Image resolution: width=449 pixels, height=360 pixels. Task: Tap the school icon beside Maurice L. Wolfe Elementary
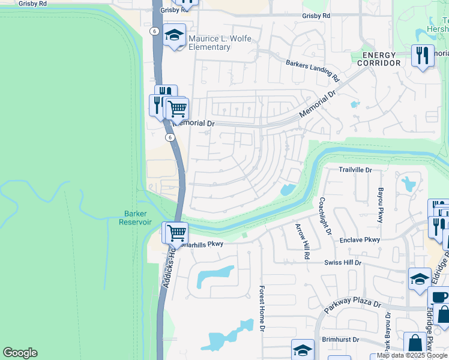(x=174, y=35)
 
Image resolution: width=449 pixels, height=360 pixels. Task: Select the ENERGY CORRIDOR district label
(x=378, y=59)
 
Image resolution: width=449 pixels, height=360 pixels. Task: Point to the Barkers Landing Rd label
(x=313, y=70)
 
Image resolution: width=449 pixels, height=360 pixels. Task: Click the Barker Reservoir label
(x=138, y=217)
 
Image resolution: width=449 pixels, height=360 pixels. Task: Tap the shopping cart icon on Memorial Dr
(x=177, y=109)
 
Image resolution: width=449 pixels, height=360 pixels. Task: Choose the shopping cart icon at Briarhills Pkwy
(x=176, y=233)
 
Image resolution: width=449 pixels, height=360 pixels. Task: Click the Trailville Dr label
(x=355, y=170)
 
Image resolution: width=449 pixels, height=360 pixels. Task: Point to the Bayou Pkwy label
(x=381, y=205)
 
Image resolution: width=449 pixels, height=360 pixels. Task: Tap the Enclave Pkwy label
(x=360, y=240)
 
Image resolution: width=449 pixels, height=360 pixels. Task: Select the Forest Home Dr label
(x=262, y=308)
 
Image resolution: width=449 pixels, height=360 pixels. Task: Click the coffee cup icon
(x=439, y=298)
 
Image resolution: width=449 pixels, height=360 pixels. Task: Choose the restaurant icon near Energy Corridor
(x=423, y=55)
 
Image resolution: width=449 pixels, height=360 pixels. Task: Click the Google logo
(x=20, y=353)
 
